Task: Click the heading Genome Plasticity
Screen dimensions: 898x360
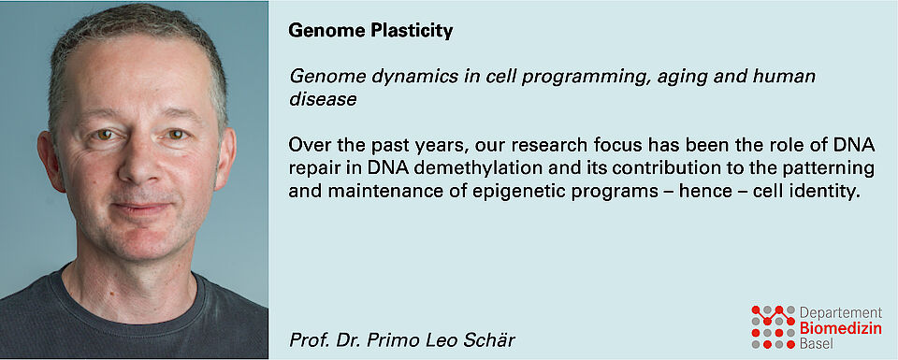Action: tap(370, 31)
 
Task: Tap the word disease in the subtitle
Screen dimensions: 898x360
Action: tap(323, 100)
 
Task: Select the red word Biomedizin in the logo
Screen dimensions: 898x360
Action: tap(840, 328)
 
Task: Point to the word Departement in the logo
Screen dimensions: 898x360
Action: tap(840, 313)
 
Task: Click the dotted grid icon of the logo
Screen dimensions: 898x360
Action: tap(774, 326)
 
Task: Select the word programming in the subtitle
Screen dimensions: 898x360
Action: tap(583, 76)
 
